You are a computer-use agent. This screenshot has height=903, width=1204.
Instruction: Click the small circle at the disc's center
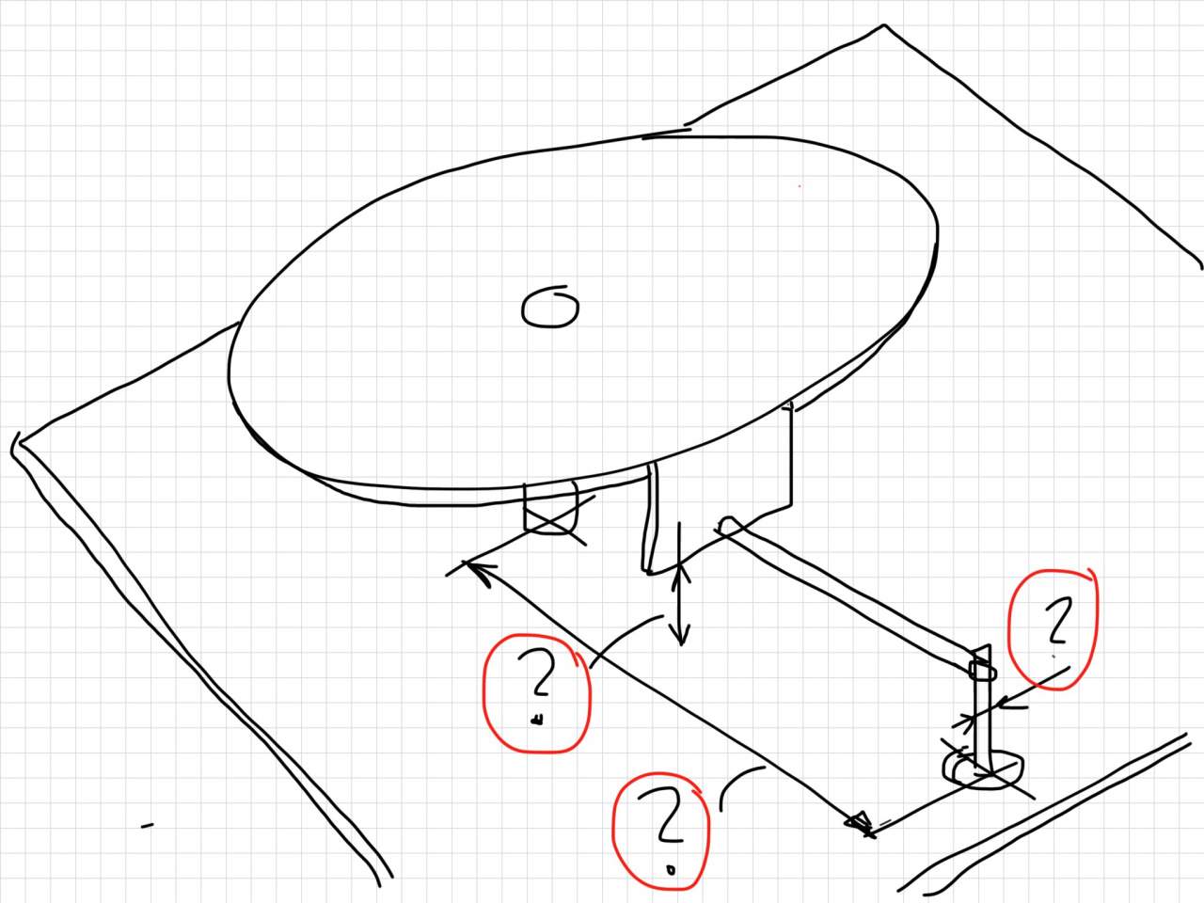coord(549,308)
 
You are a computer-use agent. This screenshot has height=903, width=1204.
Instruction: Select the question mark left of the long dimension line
coord(537,672)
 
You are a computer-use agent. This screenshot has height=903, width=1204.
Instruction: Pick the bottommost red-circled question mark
coord(664,816)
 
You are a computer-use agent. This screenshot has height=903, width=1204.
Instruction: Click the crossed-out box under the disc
coord(550,508)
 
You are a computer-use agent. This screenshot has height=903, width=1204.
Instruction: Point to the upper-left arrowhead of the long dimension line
coord(477,571)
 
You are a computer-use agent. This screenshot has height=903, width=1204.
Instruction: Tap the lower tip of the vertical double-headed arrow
coord(681,644)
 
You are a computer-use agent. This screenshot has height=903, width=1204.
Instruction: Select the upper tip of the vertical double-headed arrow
coord(680,563)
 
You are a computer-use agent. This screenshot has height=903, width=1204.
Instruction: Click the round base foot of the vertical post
coord(983,769)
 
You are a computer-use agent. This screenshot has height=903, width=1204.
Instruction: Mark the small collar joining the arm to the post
coord(982,670)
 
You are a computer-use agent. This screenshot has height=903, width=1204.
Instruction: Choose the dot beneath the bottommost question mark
coord(670,868)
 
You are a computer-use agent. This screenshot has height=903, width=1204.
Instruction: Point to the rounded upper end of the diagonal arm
coord(727,525)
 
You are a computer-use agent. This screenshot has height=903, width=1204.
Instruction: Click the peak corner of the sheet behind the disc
coord(883,24)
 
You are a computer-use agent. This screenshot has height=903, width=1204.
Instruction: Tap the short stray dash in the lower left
coord(147,826)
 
